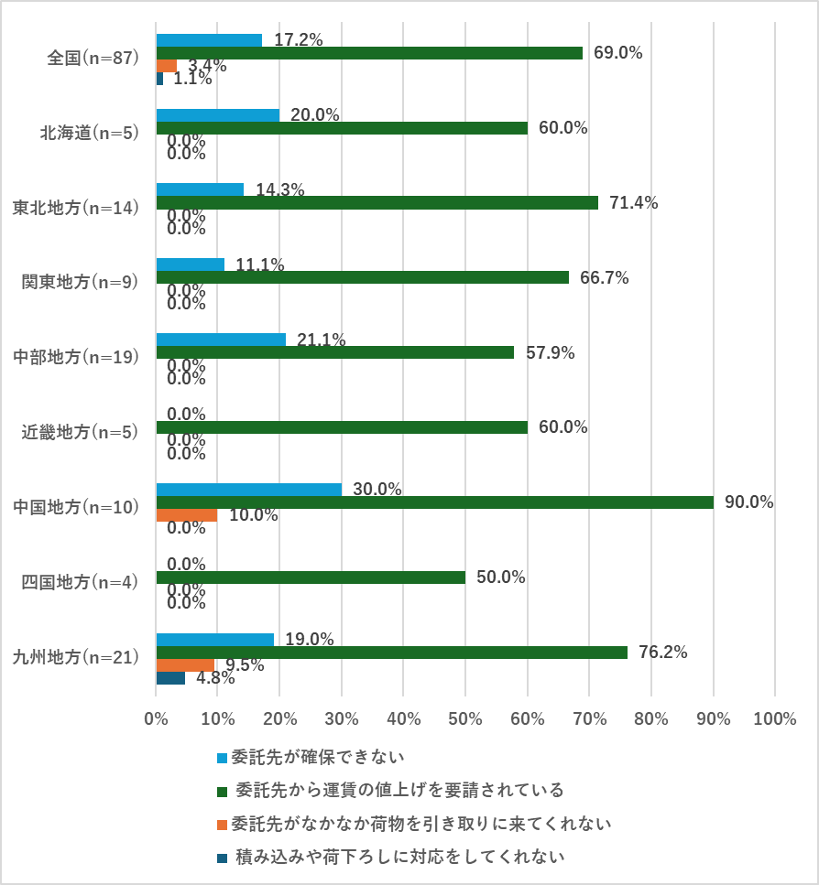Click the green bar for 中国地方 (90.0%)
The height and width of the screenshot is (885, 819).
pos(435,502)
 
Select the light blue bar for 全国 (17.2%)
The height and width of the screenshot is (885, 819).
pos(209,40)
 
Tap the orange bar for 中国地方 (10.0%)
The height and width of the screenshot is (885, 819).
pos(187,515)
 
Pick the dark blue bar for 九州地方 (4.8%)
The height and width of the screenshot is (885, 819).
pos(170,678)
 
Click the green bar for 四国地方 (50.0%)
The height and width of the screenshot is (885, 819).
pos(311,577)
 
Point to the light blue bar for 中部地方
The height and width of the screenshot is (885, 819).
pos(221,340)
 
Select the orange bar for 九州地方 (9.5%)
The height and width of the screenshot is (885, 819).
pos(185,665)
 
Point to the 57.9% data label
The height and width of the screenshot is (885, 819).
pos(550,352)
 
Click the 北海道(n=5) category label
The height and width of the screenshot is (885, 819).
pos(88,133)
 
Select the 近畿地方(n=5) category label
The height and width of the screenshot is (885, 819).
pos(80,433)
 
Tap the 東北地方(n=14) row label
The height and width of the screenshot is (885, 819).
pos(75,208)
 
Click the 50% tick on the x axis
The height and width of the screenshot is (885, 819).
pos(465,719)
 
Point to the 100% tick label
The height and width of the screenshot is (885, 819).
pos(774,719)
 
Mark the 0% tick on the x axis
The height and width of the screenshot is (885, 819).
pos(156,719)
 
